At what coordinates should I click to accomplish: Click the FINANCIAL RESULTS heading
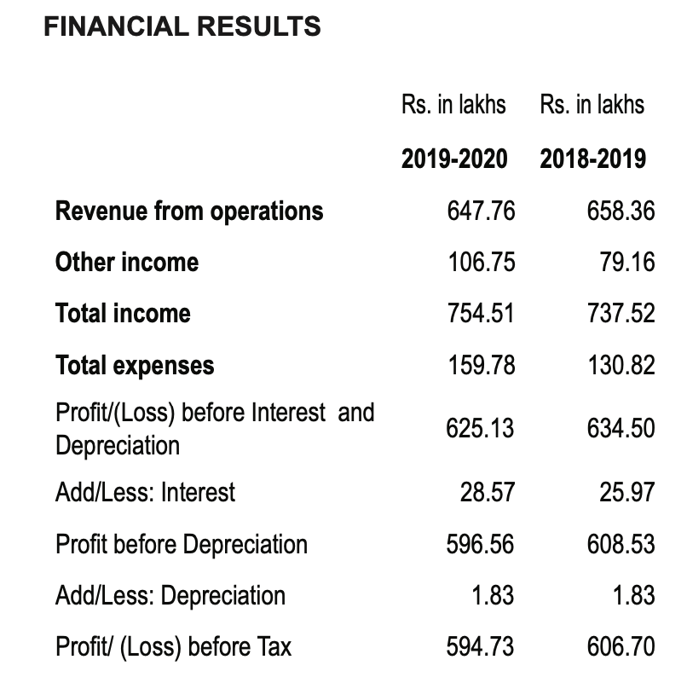pos(182,26)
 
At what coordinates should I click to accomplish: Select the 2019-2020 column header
pos(454,159)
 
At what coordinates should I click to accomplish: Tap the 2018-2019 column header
pos(592,159)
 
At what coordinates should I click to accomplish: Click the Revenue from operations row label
pos(189,211)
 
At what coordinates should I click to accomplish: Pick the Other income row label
pos(127,262)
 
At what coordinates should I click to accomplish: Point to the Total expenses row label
pos(135,366)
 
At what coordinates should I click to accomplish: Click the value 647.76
pos(481,211)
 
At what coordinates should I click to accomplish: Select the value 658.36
pos(621,211)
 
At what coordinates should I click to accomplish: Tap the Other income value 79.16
pos(627,262)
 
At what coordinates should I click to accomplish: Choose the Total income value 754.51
pos(481,314)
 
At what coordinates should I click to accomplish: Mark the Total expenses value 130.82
pos(621,366)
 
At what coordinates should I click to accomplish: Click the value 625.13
pos(480,428)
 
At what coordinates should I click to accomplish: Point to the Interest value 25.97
pos(627,492)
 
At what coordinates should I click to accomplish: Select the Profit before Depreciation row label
pos(182,544)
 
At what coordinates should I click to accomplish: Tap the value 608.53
pos(621,544)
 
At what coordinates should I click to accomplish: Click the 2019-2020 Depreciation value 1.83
pos(493,595)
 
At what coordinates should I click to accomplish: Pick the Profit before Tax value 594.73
pos(480,647)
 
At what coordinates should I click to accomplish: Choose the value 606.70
pos(621,647)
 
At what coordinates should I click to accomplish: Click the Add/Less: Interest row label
pos(146,492)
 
